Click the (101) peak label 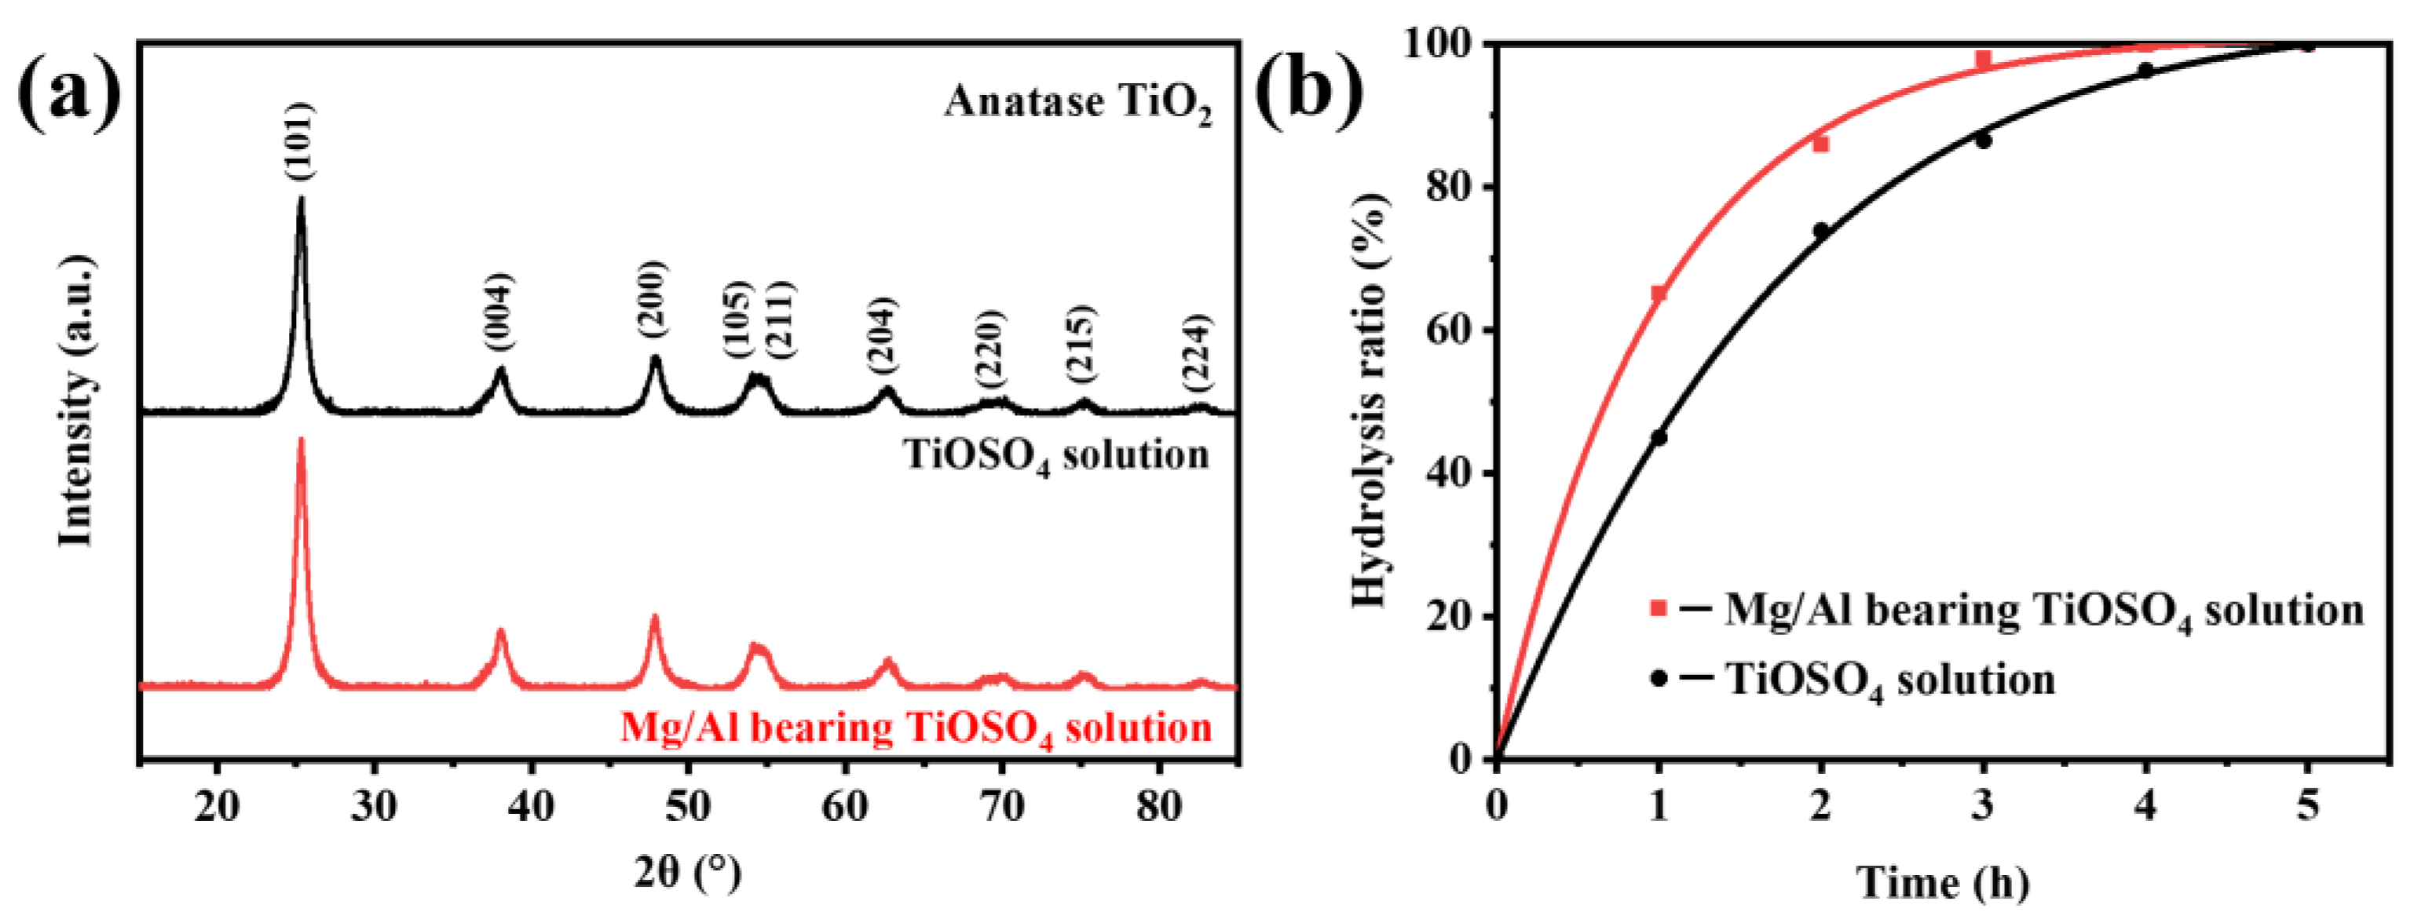point(300,140)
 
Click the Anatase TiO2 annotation point(1077,103)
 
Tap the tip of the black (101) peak point(301,198)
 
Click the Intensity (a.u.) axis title point(77,400)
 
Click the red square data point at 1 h point(1658,294)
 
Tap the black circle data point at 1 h point(1659,436)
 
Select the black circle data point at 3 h point(1983,140)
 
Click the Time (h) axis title point(1943,883)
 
